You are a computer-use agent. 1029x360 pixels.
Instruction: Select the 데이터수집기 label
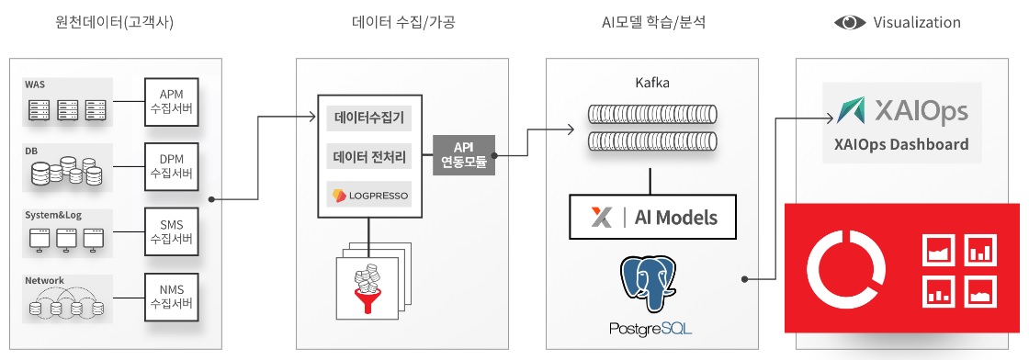point(369,118)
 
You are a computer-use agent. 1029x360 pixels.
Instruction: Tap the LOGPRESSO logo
point(369,195)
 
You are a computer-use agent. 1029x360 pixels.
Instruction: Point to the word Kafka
point(652,83)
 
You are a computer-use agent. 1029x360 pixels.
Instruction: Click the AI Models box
point(653,218)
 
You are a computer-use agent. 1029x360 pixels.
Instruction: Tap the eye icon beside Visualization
point(850,23)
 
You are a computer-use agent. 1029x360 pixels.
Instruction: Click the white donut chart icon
point(846,268)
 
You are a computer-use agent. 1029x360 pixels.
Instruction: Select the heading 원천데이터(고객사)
point(115,23)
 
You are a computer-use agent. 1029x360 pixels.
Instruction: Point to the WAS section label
point(35,84)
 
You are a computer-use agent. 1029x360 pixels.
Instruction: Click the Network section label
point(44,280)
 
